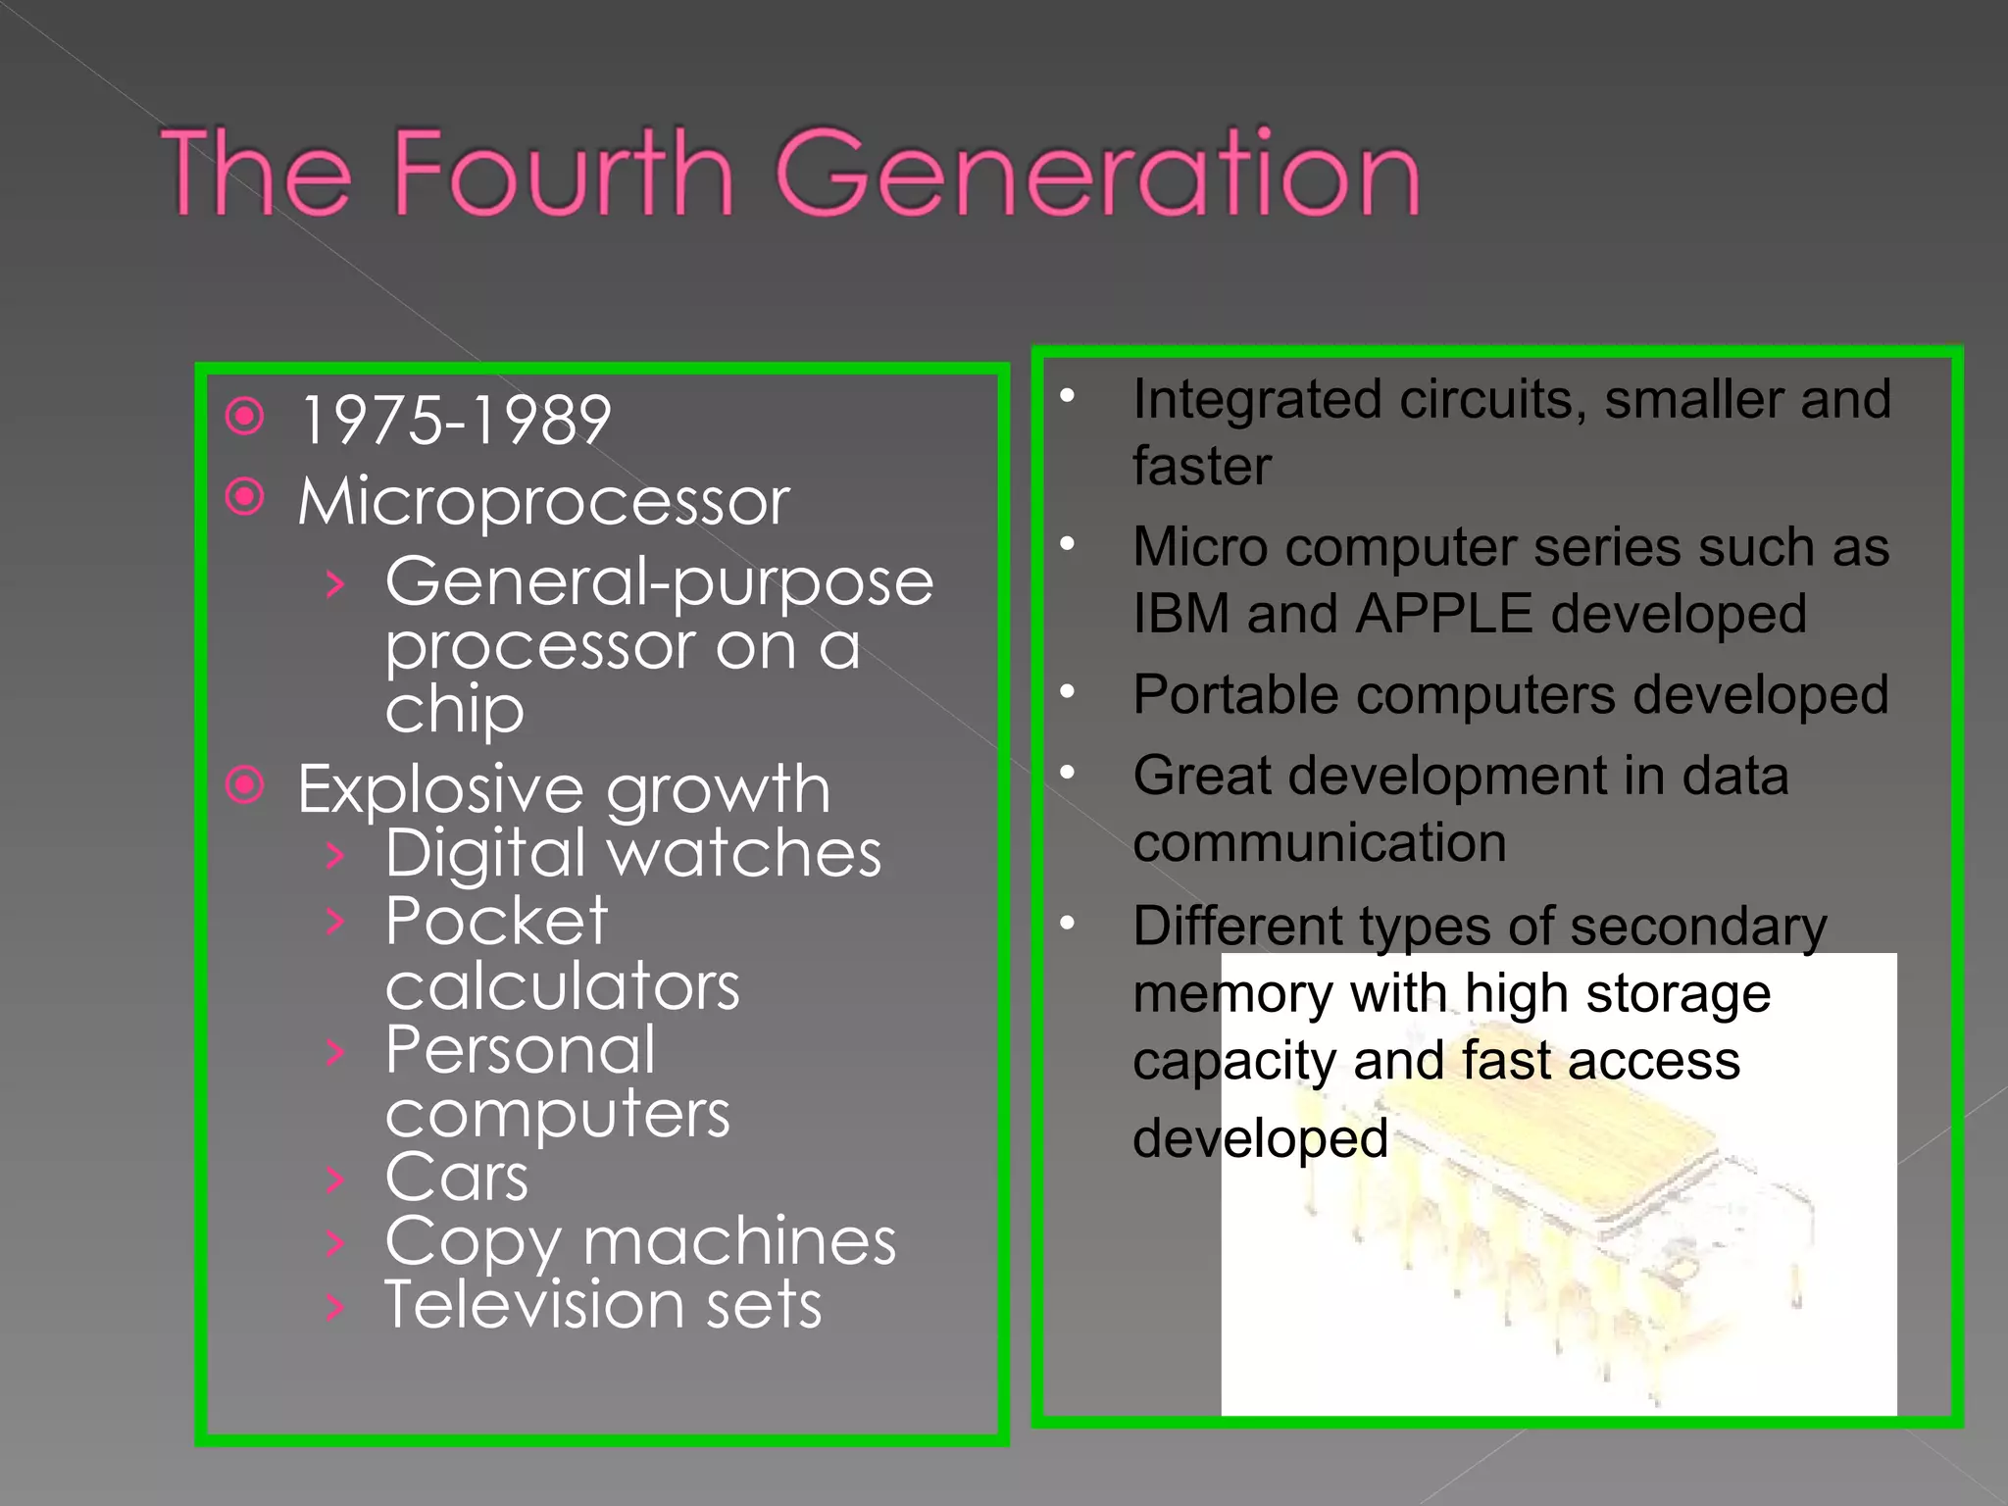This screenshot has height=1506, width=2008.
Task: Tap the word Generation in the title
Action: point(1098,175)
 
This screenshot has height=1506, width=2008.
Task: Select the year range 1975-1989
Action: point(456,421)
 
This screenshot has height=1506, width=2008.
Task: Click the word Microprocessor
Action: point(544,501)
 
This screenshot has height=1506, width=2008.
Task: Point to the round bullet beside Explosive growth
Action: point(245,784)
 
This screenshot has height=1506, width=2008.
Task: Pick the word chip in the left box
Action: point(455,710)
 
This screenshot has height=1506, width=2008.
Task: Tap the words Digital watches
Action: point(633,853)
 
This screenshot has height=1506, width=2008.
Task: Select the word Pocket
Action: point(496,922)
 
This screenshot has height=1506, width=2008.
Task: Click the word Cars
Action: point(457,1177)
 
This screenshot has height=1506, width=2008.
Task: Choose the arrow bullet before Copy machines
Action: point(335,1243)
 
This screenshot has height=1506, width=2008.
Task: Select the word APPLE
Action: point(1443,615)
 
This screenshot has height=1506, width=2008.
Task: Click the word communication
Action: point(1320,843)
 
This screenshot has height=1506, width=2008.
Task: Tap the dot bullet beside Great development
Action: point(1068,774)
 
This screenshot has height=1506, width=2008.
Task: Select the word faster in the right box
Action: point(1202,467)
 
